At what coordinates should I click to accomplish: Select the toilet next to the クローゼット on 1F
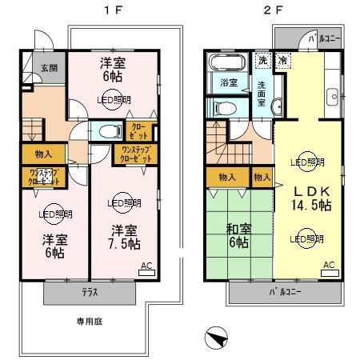[x=106, y=132]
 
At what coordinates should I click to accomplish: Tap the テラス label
[x=90, y=292]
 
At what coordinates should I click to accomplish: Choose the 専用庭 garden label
[x=90, y=322]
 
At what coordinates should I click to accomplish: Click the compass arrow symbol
[x=214, y=338]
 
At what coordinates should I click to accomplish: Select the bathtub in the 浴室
[x=222, y=65]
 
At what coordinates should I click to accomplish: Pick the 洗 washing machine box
[x=262, y=59]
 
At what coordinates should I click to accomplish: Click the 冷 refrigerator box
[x=282, y=59]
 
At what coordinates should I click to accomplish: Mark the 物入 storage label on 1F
[x=43, y=154]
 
